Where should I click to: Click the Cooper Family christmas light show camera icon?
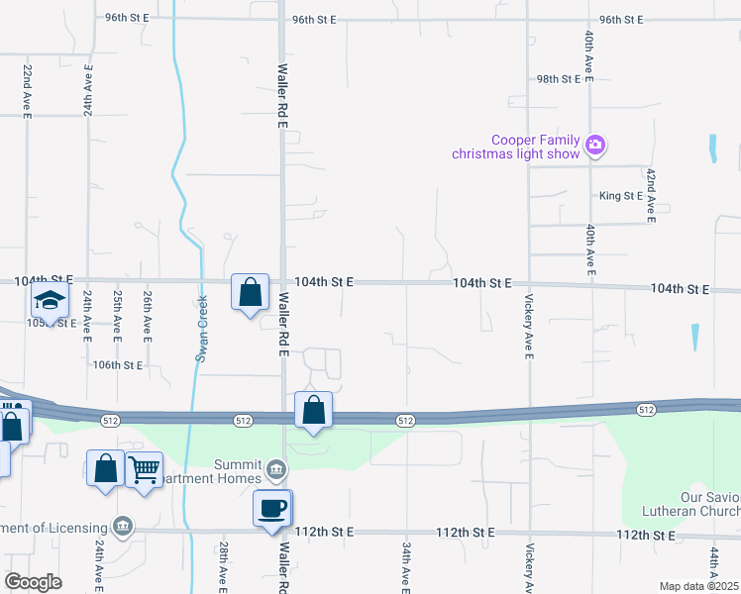coord(594,145)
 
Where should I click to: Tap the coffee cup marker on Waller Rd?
coord(272,509)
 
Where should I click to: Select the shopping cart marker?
coord(145,470)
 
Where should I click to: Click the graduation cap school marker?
coord(49,300)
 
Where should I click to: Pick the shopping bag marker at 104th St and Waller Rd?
coord(251,292)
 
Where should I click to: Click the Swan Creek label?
coord(202,329)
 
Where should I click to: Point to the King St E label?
coord(620,196)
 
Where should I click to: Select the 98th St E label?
coord(563,79)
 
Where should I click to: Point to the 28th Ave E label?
coord(225,567)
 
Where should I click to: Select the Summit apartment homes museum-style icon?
coord(277,466)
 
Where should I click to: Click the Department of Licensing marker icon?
coord(122,525)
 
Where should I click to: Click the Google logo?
coord(33,582)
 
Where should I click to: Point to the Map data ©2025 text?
coord(698,586)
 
